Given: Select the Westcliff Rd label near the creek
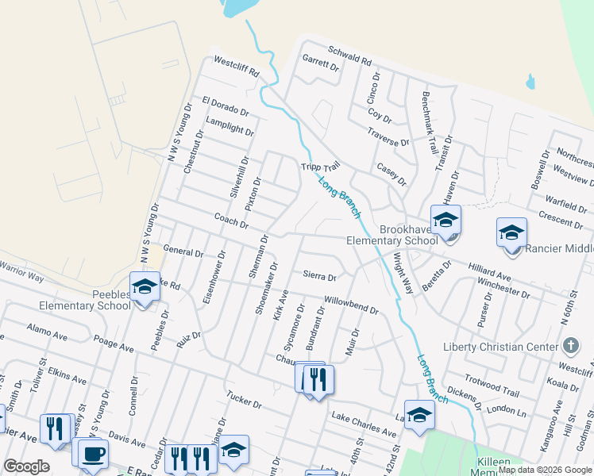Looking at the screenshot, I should tap(236, 66).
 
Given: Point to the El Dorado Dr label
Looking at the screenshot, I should tap(226, 106).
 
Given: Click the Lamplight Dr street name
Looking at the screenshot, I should tap(229, 126).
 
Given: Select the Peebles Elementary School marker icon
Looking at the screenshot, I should tap(145, 286).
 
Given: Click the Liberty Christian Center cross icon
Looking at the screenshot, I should tap(570, 346).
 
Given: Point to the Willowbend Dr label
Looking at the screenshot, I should tap(350, 305).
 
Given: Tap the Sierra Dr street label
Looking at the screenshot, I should tap(320, 277).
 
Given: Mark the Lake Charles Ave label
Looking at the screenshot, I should tap(364, 425).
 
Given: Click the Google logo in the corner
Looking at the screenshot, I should tap(26, 466).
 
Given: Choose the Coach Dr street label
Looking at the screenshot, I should tap(231, 220).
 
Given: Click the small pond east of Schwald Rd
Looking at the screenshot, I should tap(530, 82).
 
